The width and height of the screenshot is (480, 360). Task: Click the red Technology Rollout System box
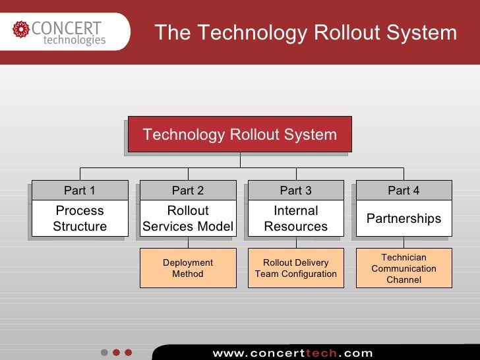click(239, 135)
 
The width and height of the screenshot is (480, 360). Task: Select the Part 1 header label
click(80, 191)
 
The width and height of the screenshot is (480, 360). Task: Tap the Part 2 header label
click(188, 191)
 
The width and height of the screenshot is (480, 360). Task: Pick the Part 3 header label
click(295, 191)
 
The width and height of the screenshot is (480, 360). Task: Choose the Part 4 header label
click(404, 191)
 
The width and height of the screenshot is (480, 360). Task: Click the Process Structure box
click(80, 218)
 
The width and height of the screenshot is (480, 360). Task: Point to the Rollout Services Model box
click(188, 218)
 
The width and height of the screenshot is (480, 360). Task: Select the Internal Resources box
click(295, 218)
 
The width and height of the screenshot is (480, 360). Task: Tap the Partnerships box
click(404, 218)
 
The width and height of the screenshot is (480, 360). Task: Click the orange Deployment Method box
click(188, 268)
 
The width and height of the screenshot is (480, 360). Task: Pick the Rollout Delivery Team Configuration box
click(295, 268)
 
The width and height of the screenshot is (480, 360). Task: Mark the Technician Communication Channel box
click(404, 268)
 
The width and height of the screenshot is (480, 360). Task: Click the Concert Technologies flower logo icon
click(21, 30)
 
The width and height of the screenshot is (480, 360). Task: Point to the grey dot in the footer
click(104, 352)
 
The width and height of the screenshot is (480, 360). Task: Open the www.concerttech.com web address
click(292, 353)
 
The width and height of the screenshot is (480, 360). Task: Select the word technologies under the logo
click(74, 41)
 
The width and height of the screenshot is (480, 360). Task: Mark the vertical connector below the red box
click(241, 160)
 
